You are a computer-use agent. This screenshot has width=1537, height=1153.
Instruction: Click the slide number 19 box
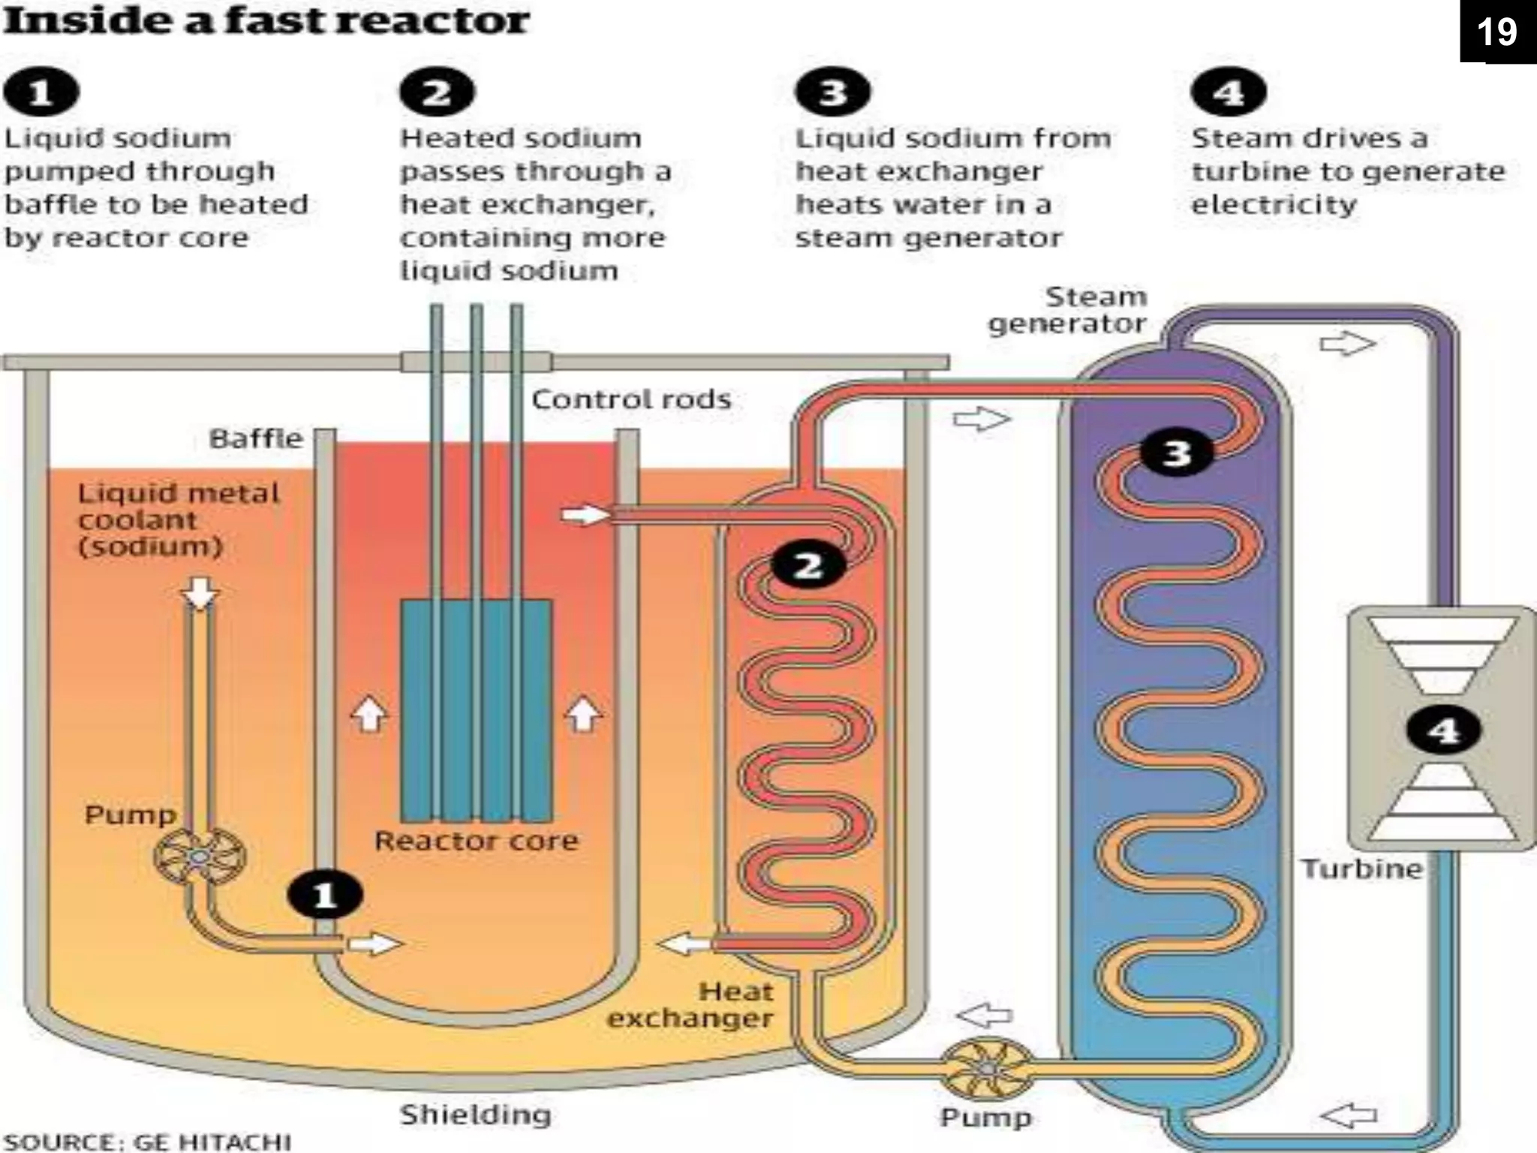click(1497, 32)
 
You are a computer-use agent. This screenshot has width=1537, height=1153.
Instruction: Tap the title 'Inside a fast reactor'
click(266, 20)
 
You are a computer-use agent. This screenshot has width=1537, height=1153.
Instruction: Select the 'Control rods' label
click(630, 399)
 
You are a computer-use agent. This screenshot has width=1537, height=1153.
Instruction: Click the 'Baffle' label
click(255, 438)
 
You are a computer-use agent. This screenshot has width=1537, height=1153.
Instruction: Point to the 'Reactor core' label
click(477, 840)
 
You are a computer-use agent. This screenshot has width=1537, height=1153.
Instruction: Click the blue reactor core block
click(477, 709)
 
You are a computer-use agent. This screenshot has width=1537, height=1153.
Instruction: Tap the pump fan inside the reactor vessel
click(200, 856)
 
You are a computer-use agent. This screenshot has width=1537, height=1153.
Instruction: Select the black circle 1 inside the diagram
click(324, 895)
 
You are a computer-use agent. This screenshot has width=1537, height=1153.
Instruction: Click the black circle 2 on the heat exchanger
click(808, 565)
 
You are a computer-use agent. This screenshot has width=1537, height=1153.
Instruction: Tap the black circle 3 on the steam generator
click(1176, 453)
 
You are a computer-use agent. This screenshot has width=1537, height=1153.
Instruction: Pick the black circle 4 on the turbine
click(1443, 730)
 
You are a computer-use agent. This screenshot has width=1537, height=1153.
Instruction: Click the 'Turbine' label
click(1361, 869)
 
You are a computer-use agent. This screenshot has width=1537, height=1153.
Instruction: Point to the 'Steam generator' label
click(1067, 310)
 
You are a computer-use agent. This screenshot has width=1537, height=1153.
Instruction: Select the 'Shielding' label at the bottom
click(475, 1115)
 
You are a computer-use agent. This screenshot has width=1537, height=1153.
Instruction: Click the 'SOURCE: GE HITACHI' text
click(147, 1142)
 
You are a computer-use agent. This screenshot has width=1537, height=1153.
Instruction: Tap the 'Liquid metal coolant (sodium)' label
click(178, 519)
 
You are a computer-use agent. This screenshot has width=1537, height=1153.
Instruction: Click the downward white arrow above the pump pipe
click(200, 593)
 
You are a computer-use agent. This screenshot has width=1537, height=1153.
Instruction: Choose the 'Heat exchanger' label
click(690, 1004)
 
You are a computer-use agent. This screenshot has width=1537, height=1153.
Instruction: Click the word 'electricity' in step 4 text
click(1274, 204)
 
